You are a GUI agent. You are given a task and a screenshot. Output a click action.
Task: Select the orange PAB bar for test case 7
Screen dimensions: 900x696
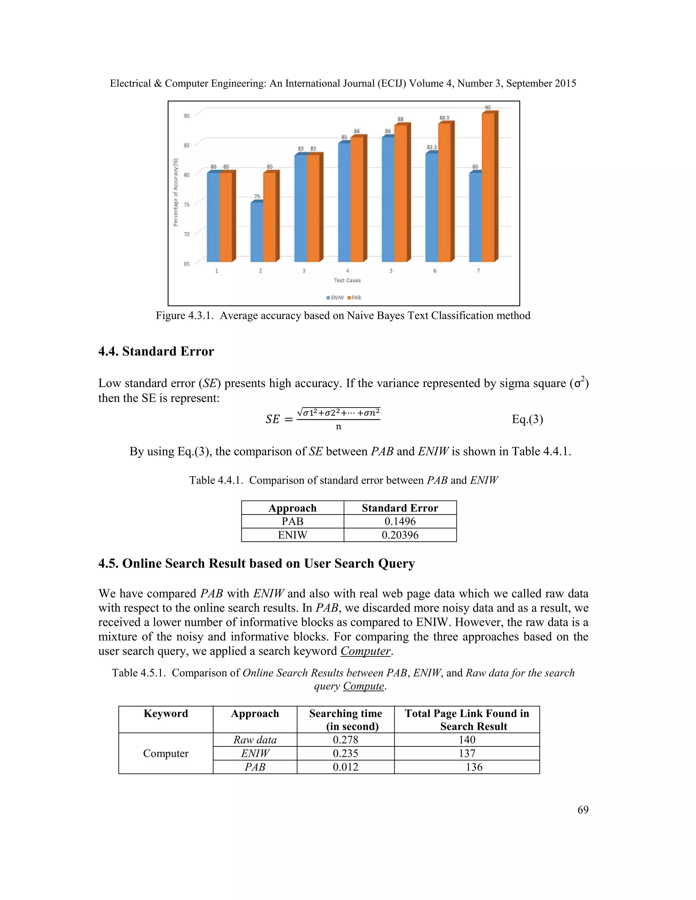click(488, 187)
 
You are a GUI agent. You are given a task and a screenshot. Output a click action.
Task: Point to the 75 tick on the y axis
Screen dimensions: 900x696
click(186, 204)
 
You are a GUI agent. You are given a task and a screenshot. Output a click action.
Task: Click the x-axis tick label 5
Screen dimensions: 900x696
click(391, 271)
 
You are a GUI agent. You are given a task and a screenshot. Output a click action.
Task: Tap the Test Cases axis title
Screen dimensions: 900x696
click(347, 280)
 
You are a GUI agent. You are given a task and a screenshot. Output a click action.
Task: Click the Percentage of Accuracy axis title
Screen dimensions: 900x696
click(176, 192)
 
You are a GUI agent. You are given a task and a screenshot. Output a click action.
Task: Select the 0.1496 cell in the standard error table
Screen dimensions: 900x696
click(400, 521)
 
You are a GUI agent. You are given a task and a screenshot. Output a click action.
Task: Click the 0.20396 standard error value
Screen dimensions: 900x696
click(400, 535)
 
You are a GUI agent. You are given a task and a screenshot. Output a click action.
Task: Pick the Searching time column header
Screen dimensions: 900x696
click(346, 720)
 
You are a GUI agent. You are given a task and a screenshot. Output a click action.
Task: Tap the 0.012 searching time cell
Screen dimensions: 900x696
click(346, 767)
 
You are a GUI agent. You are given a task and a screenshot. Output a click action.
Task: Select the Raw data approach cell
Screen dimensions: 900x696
click(255, 740)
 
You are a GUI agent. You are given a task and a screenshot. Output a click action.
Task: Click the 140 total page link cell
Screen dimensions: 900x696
click(467, 740)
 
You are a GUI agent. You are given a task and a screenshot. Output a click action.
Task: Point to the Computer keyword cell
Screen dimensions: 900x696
click(166, 753)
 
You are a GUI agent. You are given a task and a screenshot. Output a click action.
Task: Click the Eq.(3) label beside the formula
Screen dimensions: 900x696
click(527, 419)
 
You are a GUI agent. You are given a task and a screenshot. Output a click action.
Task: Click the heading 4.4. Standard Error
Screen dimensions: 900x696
click(156, 351)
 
